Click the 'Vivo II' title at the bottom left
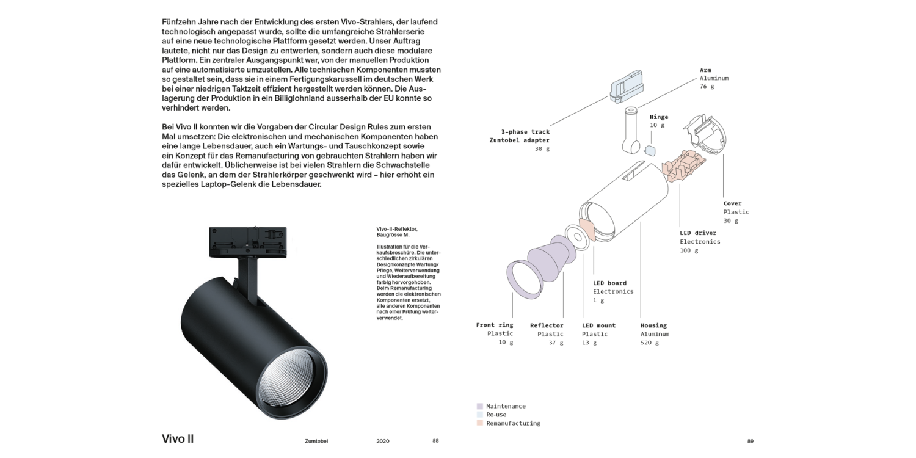pos(178,439)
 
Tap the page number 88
pos(435,441)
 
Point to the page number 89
pos(751,441)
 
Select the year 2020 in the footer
pos(383,441)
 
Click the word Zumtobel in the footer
pos(317,441)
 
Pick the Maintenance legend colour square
pos(480,406)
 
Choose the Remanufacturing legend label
pos(513,423)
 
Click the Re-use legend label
pos(496,415)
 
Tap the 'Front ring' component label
pos(495,325)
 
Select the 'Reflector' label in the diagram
pos(547,325)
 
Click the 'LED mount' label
pos(598,325)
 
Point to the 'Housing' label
pos(653,325)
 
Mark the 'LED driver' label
pos(698,233)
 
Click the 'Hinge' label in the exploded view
pos(659,117)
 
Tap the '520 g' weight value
pos(650,343)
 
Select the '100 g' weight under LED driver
pos(688,250)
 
